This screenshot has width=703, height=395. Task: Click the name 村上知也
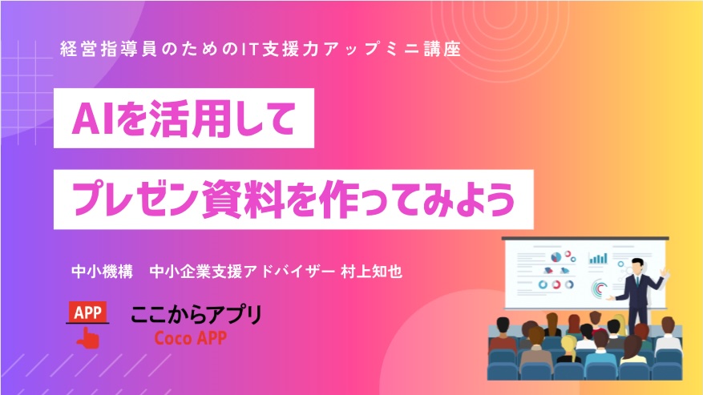point(371,272)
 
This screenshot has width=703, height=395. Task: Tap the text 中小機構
point(103,272)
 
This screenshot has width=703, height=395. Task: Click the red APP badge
point(87,312)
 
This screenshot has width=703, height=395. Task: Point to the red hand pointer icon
point(88,337)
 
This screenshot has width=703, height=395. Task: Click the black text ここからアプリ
point(196,315)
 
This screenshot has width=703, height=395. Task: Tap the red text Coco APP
point(190,338)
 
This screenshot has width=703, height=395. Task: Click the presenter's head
point(637,265)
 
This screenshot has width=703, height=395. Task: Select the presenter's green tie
point(636,281)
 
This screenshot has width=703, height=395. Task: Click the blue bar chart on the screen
point(598,258)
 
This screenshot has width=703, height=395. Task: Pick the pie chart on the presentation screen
point(556,257)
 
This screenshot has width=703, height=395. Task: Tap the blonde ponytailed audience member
point(568,349)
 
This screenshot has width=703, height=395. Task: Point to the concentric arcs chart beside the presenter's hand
point(600,288)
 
